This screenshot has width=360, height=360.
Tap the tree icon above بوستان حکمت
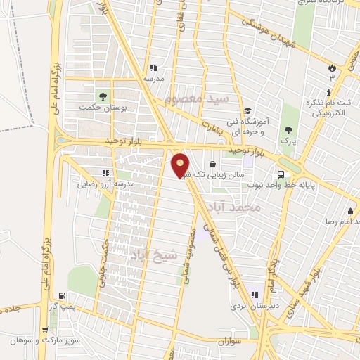pos(104,95)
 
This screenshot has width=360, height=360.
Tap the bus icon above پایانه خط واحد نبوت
pos(281,174)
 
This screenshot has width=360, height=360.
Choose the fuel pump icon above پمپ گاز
pos(64,296)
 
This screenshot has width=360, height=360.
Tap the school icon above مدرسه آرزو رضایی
pos(105,173)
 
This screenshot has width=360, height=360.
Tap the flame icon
pos(331,67)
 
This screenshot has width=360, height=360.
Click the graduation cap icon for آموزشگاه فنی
pos(247,110)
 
